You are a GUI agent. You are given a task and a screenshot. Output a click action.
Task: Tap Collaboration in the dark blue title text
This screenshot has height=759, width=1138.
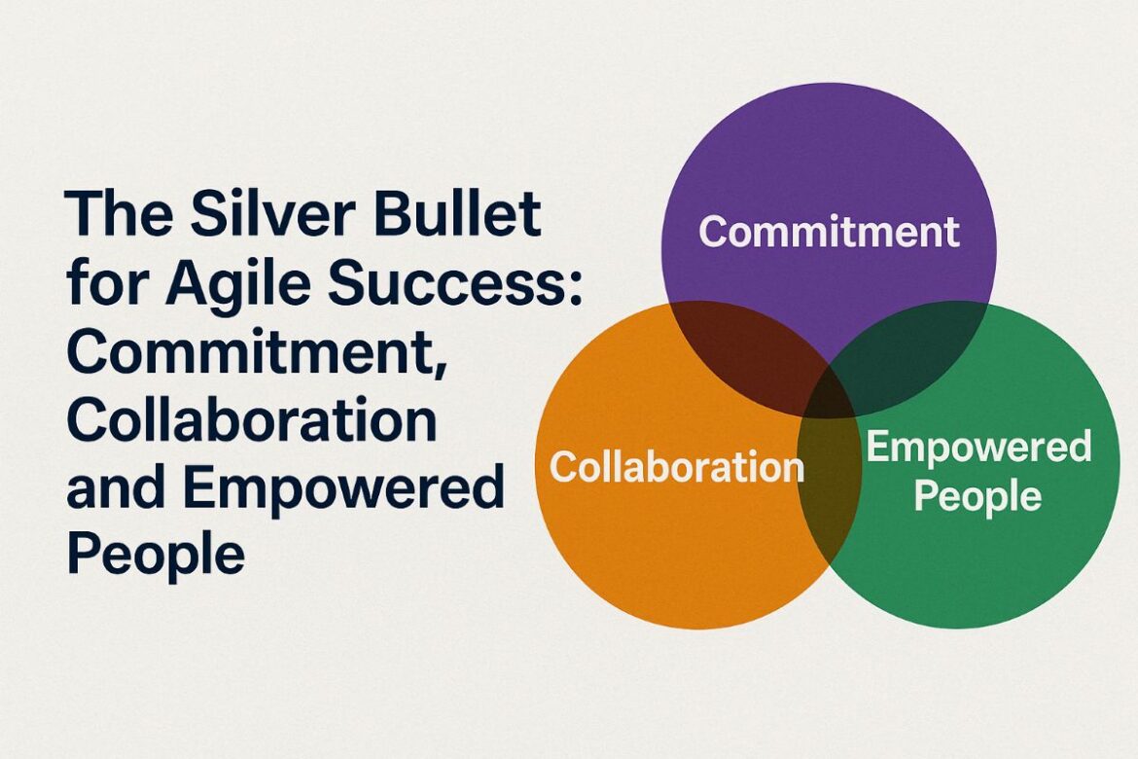click(251, 419)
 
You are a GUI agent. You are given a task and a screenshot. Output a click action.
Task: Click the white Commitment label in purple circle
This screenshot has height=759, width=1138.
click(829, 232)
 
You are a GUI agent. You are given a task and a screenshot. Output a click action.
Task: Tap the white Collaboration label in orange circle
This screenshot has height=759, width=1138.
click(676, 467)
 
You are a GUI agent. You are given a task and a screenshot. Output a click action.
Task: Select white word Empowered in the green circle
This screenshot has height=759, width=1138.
click(978, 448)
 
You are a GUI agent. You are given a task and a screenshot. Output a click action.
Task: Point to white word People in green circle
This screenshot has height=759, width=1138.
click(978, 496)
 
